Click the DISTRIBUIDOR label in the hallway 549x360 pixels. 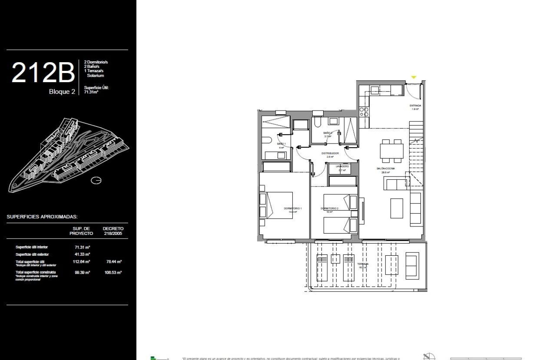[329, 153]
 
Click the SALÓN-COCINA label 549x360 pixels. [386, 169]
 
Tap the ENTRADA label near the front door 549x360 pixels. [415, 106]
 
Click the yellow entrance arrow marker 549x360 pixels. [414, 77]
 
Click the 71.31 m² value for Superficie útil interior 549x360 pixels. [81, 247]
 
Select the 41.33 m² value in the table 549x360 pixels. [81, 254]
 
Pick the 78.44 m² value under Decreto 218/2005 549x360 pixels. [113, 262]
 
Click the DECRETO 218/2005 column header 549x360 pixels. [113, 231]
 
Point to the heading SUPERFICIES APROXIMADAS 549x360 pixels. [43, 217]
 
